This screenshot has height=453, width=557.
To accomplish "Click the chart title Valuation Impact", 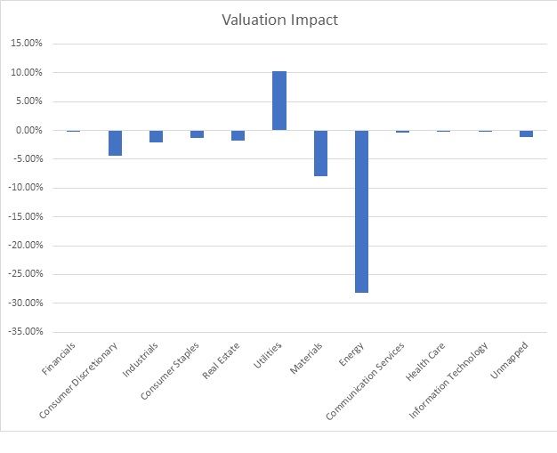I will [x=279, y=20].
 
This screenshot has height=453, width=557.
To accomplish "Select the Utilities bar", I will [x=279, y=101].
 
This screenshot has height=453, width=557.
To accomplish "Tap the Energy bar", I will [x=361, y=211].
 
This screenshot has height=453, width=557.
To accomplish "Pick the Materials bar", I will [x=320, y=153].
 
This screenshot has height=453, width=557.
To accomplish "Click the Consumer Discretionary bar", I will [x=115, y=143].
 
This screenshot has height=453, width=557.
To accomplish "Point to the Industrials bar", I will [x=156, y=136].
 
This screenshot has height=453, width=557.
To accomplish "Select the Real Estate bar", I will [x=238, y=135].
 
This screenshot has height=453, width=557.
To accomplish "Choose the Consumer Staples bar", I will [x=197, y=133].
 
